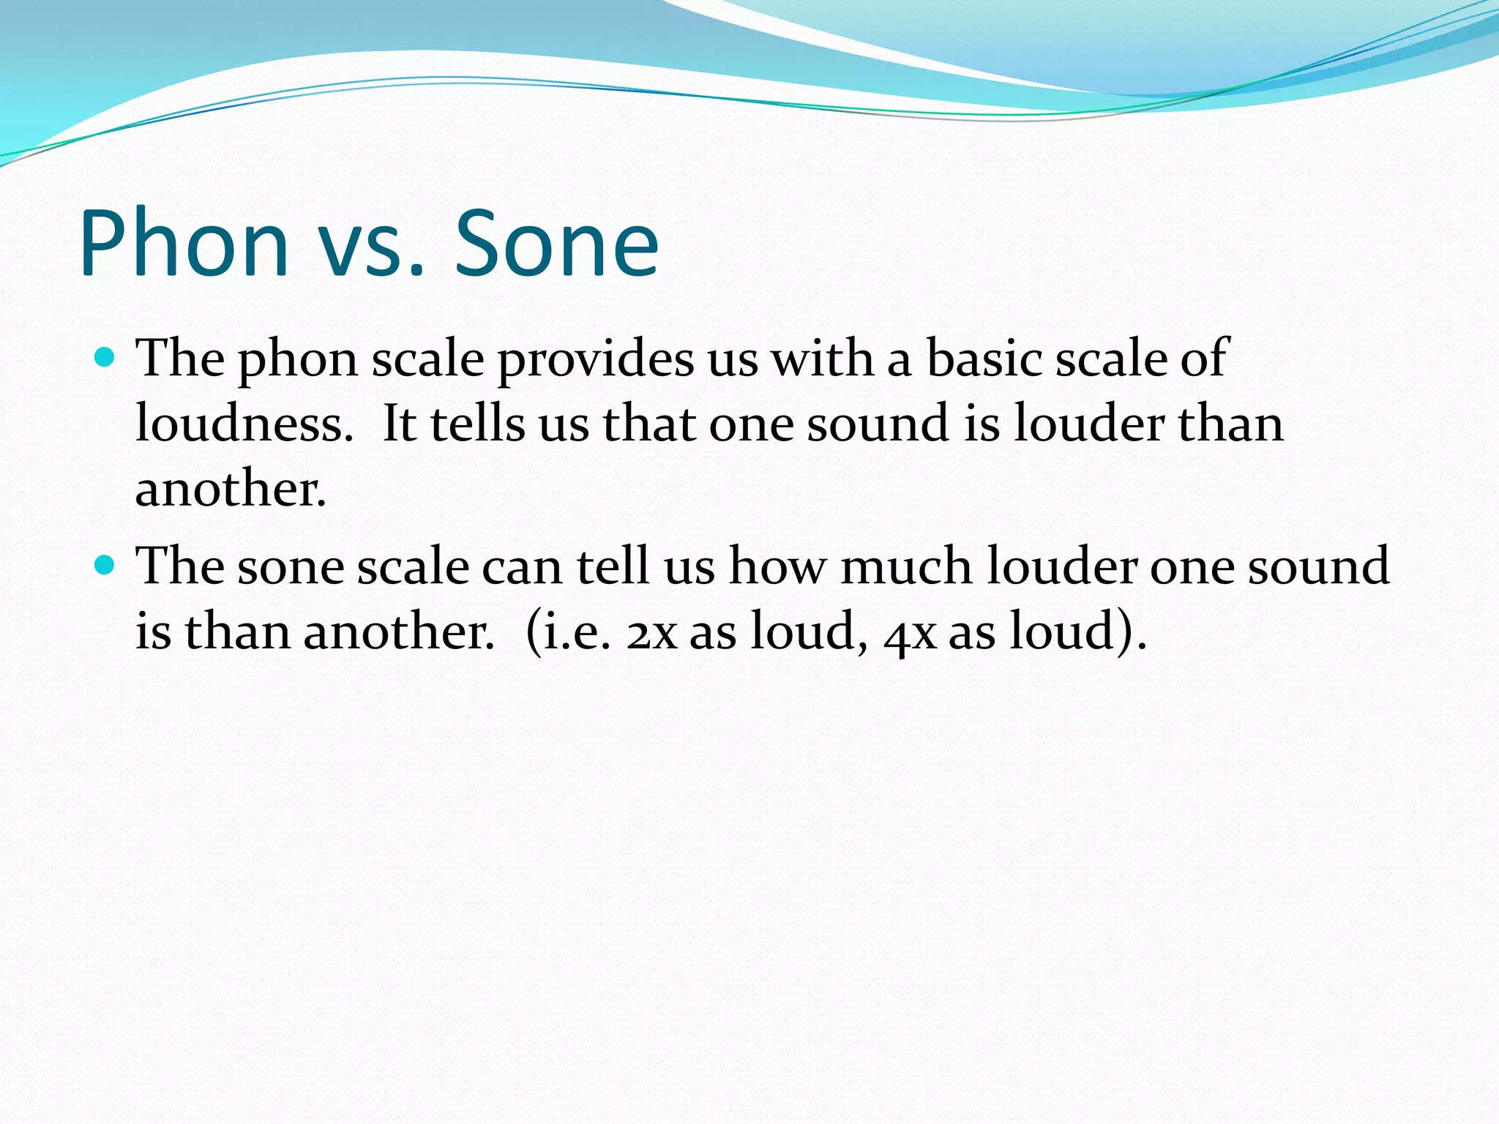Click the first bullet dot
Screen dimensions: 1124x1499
(105, 358)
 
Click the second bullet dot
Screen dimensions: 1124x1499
(105, 565)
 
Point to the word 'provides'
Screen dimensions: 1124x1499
(595, 360)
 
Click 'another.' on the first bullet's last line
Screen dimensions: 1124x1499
(231, 489)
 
